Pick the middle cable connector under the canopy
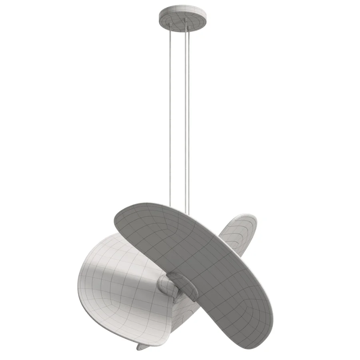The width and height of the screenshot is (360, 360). [185, 20]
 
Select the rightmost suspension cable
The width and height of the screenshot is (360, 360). [189, 120]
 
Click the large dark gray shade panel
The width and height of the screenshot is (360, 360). [200, 256]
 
